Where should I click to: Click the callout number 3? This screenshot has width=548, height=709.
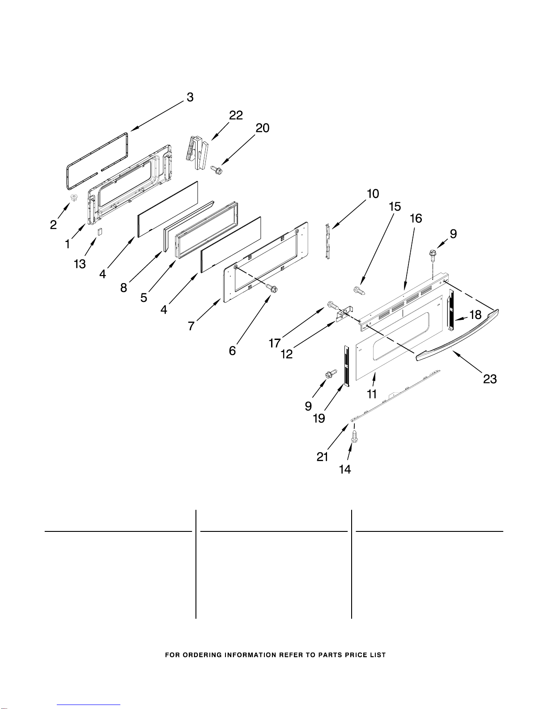pos(190,97)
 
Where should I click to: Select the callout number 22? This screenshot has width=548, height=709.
pos(236,115)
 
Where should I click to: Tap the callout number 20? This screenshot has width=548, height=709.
pos(263,128)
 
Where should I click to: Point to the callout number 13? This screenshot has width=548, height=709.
pos(80,264)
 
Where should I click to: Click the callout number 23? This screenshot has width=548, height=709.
pos(490,379)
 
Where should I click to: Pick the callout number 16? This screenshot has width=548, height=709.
pos(416,218)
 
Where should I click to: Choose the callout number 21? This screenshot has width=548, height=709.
pos(322,457)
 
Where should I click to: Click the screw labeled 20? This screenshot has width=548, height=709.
pos(216,170)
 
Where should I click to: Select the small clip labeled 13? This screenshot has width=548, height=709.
pos(101,231)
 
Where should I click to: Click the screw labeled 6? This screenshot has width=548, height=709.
pos(271,289)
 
